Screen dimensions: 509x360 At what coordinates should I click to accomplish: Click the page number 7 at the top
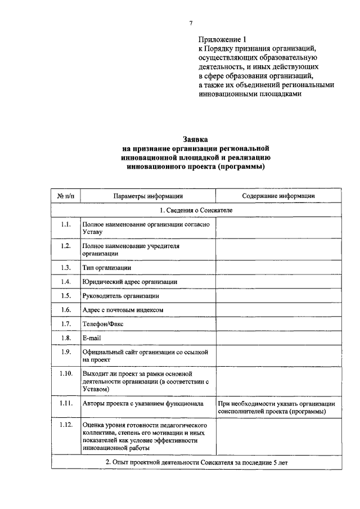pos(191,22)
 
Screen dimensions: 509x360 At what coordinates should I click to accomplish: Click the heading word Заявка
pos(195,138)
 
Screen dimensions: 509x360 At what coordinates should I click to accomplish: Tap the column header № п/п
pos(65,196)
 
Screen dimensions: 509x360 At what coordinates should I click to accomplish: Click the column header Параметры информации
pos(147,196)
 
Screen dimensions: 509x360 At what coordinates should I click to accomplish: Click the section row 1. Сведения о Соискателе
pos(195,210)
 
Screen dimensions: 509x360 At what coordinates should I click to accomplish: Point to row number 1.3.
pos(65,267)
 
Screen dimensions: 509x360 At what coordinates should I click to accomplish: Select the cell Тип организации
pos(107,267)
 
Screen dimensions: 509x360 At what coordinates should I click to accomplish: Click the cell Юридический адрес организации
pos(129,281)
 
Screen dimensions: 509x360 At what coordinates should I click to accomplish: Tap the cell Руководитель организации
pos(120,295)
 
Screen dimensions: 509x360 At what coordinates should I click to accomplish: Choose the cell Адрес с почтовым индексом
pos(123,310)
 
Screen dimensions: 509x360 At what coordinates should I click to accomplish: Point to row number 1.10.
pos(65,373)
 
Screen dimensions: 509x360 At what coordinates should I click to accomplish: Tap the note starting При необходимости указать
pos(277,407)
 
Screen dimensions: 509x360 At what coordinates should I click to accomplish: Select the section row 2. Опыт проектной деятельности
pos(195,462)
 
